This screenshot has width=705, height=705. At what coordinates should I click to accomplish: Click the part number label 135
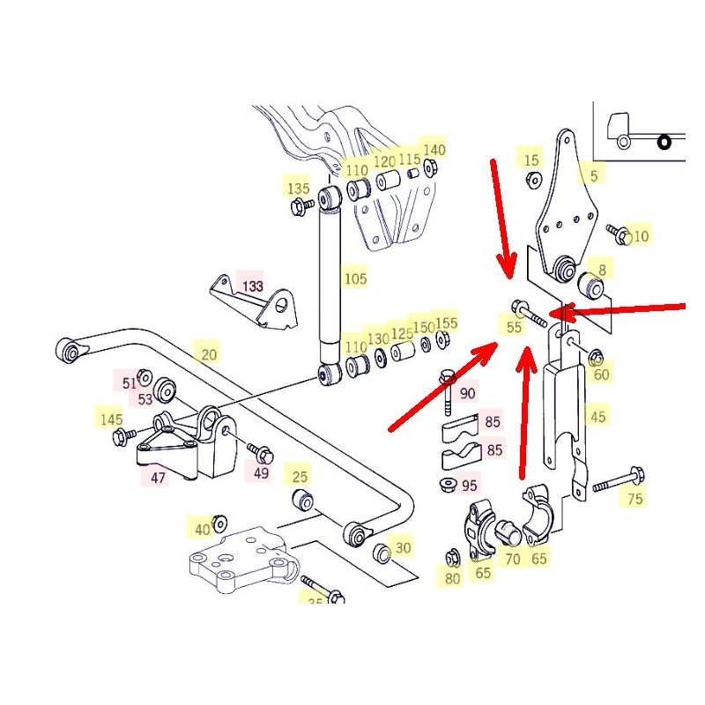pyautogui.click(x=299, y=188)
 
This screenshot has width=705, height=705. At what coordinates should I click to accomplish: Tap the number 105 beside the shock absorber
pyautogui.click(x=354, y=278)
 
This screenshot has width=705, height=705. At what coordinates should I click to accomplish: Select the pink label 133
pyautogui.click(x=253, y=286)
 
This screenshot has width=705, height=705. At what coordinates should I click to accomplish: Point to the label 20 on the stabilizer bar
pyautogui.click(x=208, y=355)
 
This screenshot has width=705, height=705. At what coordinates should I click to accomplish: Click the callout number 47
pyautogui.click(x=158, y=478)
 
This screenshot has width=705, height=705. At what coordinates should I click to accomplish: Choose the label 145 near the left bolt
pyautogui.click(x=111, y=419)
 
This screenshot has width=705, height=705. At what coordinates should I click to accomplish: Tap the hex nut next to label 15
pyautogui.click(x=532, y=180)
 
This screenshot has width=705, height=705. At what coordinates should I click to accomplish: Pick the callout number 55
pyautogui.click(x=515, y=327)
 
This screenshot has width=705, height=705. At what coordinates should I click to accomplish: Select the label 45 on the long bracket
pyautogui.click(x=597, y=417)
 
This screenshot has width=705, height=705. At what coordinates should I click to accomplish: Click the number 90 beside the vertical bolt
pyautogui.click(x=467, y=393)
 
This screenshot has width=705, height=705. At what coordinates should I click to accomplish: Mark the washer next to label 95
pyautogui.click(x=447, y=484)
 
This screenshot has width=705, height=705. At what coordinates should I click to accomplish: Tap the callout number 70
pyautogui.click(x=512, y=557)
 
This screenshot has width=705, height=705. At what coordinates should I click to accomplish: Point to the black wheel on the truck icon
pyautogui.click(x=665, y=141)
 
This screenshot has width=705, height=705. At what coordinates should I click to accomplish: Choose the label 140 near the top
pyautogui.click(x=434, y=150)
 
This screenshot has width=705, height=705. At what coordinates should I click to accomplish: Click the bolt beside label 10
pyautogui.click(x=618, y=234)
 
